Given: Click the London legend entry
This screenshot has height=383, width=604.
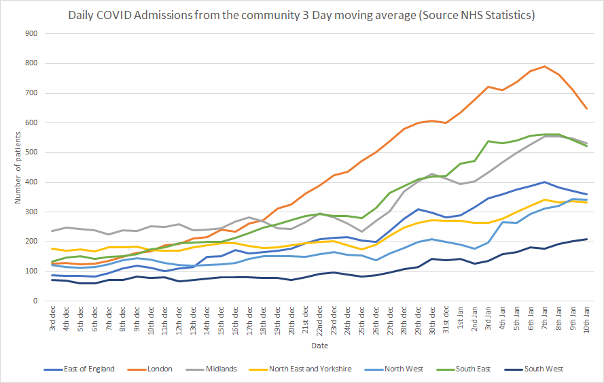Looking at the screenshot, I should pyautogui.click(x=159, y=369).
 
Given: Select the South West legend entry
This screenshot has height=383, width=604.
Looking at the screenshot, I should pyautogui.click(x=544, y=369).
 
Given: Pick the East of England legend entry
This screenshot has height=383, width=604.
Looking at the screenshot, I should pyautogui.click(x=90, y=369).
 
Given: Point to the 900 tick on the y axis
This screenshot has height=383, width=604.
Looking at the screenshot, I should pyautogui.click(x=31, y=33).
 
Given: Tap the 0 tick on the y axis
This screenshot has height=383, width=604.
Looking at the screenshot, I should pyautogui.click(x=35, y=301).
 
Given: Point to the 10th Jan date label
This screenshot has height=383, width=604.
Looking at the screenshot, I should pyautogui.click(x=586, y=318).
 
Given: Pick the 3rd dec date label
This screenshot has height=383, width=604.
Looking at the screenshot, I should pyautogui.click(x=53, y=317).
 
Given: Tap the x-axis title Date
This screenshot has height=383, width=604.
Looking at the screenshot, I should pyautogui.click(x=319, y=346).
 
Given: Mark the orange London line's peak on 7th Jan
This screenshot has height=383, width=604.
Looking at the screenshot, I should pyautogui.click(x=544, y=67).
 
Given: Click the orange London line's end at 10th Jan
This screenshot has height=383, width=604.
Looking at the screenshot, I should pyautogui.click(x=587, y=109).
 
